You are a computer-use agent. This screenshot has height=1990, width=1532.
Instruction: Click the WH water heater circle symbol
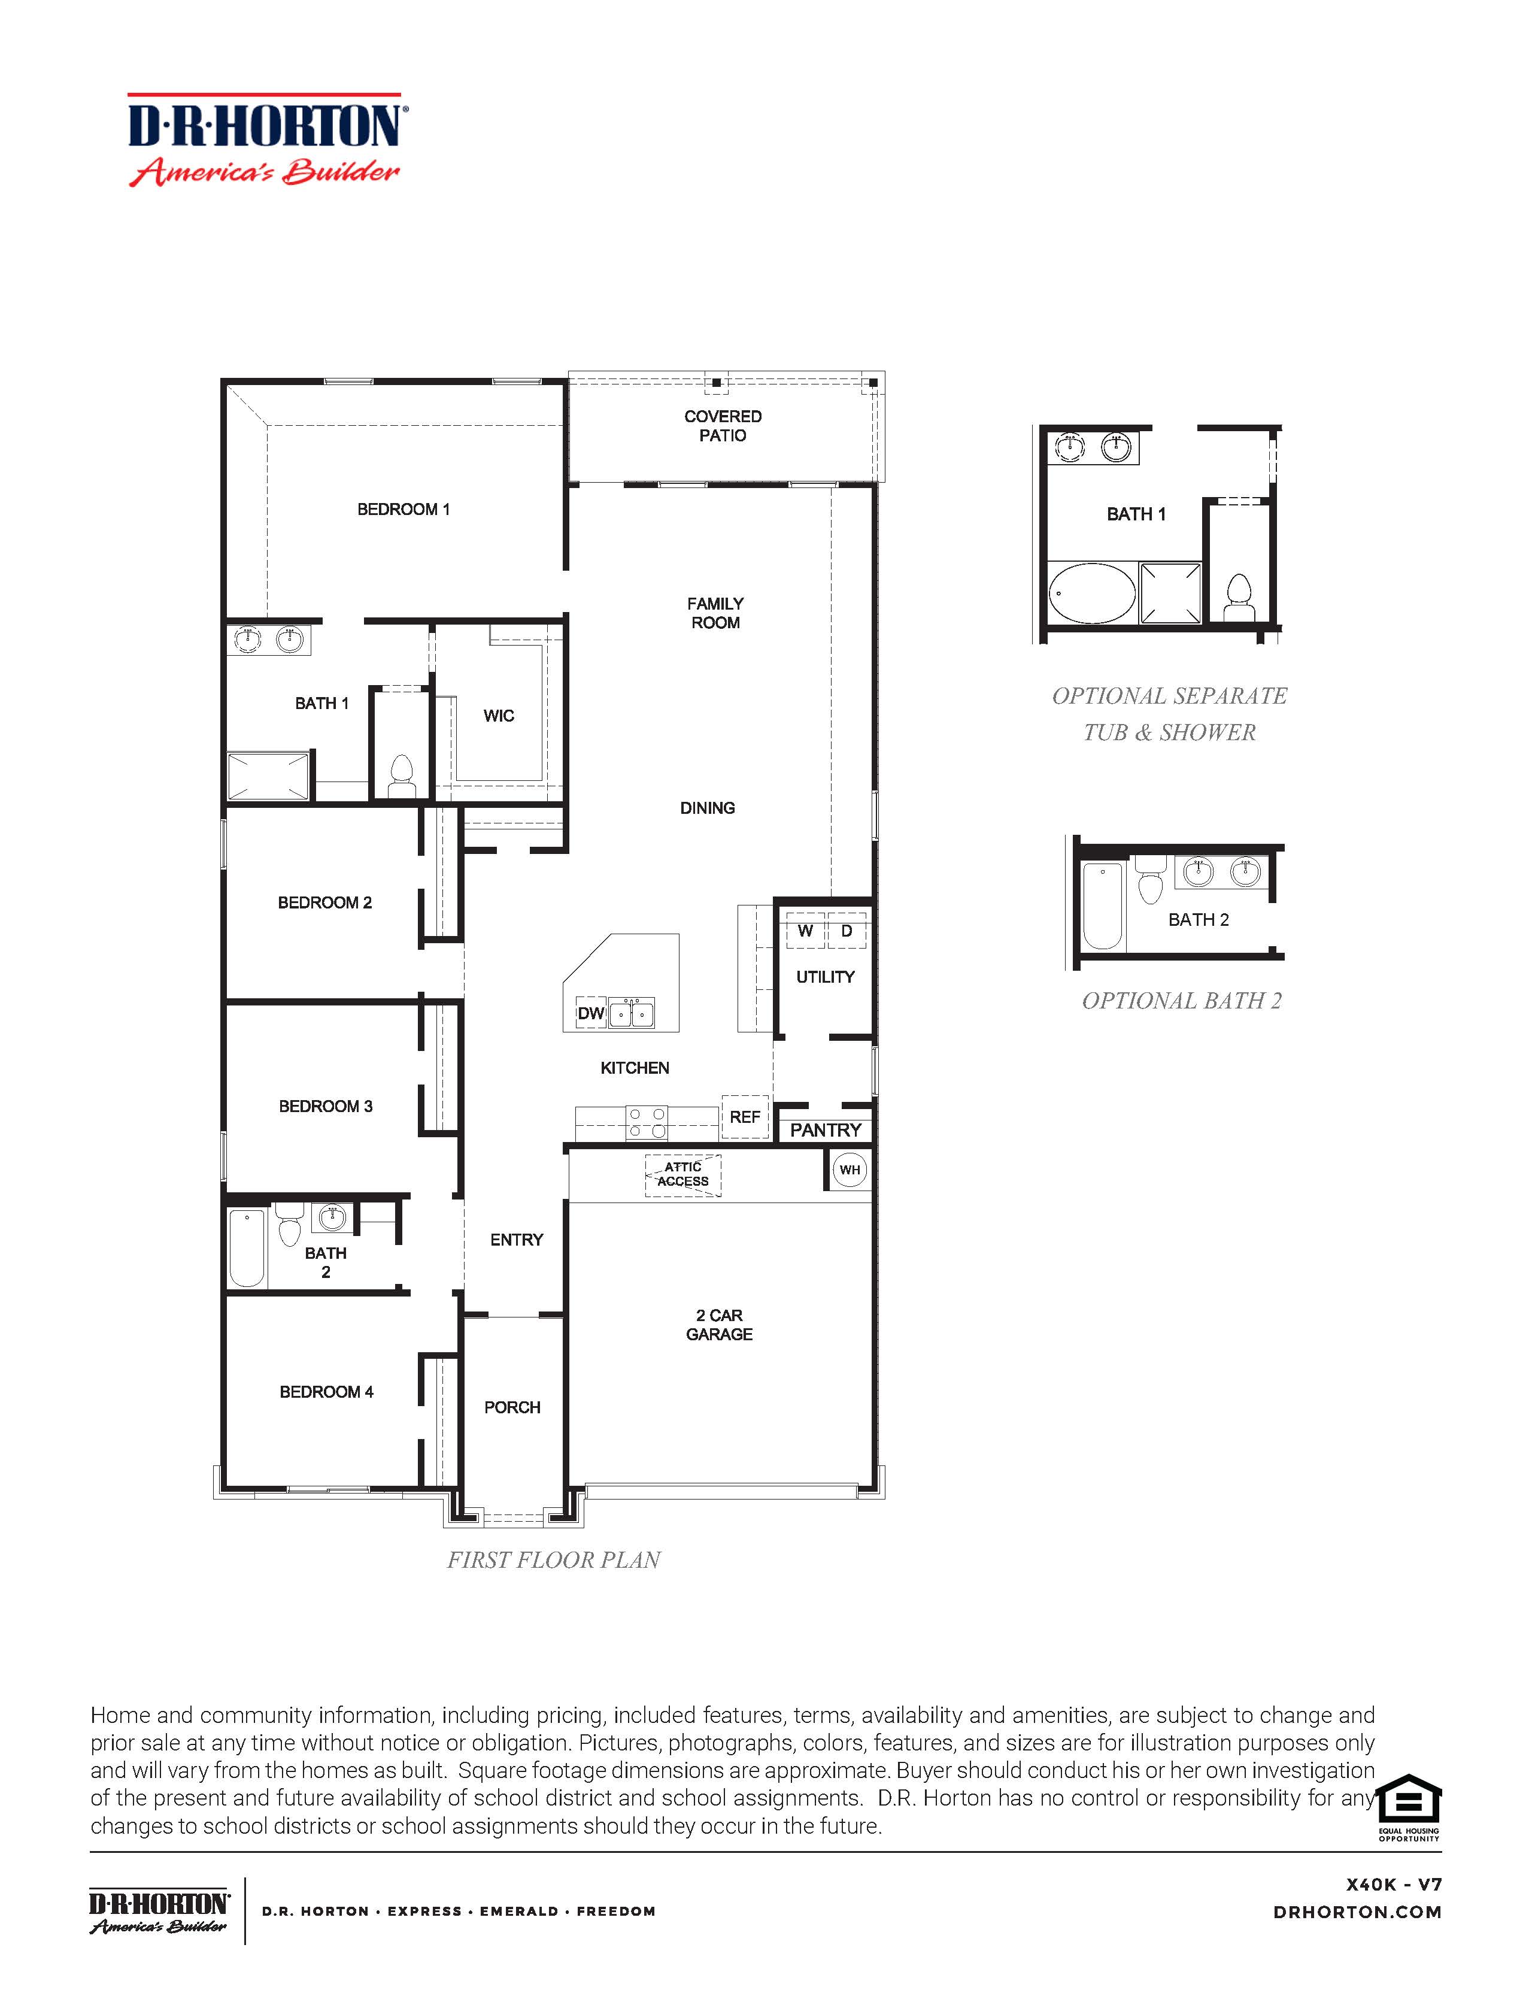point(849,1170)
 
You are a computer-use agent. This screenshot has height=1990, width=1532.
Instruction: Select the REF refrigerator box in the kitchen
point(744,1117)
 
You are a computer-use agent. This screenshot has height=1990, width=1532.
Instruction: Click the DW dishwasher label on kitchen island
point(591,1013)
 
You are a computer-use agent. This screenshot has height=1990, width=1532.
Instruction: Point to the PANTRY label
point(825,1130)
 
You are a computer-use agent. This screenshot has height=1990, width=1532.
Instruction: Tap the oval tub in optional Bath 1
point(1092,593)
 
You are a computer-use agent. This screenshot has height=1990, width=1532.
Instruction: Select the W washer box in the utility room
point(805,931)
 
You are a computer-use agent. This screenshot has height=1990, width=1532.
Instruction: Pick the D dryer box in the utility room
point(846,931)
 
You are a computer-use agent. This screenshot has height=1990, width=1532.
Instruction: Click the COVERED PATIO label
point(722,426)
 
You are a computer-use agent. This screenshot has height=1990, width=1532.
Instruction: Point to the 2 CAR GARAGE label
point(718,1325)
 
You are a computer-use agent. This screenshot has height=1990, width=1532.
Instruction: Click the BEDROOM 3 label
point(325,1106)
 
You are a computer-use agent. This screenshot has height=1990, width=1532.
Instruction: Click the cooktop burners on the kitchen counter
point(647,1123)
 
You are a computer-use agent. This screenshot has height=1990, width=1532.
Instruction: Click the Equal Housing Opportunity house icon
point(1408,1800)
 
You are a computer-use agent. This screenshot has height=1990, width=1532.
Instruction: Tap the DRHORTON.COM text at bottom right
point(1357,1913)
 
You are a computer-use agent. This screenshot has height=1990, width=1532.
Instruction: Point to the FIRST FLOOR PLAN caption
point(553,1560)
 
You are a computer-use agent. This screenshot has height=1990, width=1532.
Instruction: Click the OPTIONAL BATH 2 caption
point(1181,1001)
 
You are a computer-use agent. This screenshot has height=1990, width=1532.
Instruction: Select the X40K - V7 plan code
point(1394,1885)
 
